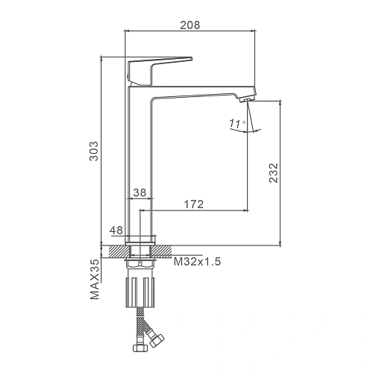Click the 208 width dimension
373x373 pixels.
point(190,25)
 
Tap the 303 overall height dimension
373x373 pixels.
point(94,151)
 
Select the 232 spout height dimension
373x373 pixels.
point(274,173)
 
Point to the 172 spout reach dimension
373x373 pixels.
point(194,204)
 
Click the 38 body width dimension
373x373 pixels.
point(140,192)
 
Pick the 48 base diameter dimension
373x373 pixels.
point(116,231)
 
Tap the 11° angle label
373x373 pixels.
point(237,124)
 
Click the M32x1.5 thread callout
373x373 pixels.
point(197,262)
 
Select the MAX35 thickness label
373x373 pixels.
point(95,280)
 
